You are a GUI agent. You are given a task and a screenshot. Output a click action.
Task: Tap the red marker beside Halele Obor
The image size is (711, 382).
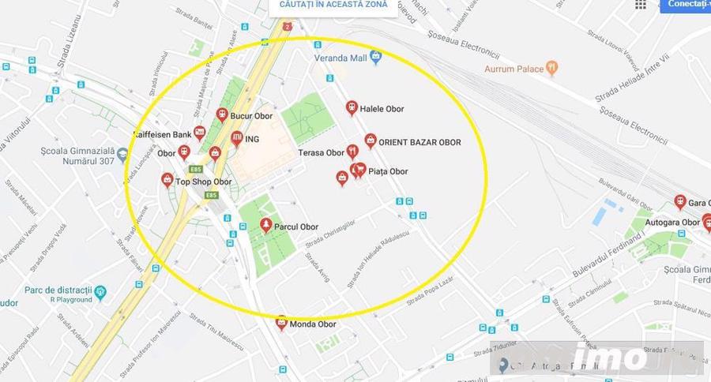click(352, 108)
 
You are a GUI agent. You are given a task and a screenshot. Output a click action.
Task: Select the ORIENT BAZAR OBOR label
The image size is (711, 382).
click(419, 142)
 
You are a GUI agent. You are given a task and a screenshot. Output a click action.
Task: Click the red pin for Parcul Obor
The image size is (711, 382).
click(266, 226)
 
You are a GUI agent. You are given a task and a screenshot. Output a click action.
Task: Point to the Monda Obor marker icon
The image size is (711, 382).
click(281, 322)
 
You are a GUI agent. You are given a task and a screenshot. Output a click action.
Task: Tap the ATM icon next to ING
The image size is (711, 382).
click(236, 139)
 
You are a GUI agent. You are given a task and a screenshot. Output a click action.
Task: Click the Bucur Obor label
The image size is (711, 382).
click(252, 116)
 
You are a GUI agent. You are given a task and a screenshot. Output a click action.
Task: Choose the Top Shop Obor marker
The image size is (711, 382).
click(167, 181)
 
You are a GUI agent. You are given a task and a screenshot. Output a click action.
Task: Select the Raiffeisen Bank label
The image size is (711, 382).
click(164, 135)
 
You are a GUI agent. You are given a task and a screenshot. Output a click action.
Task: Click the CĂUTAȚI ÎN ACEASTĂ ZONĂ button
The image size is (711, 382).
click(333, 5)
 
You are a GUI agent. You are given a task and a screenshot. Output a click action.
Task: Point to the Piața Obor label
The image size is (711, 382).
click(388, 171)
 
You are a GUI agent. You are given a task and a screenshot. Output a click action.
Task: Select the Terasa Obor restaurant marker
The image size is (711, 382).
click(353, 151)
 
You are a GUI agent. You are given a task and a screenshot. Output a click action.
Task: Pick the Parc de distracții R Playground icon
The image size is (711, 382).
click(100, 294)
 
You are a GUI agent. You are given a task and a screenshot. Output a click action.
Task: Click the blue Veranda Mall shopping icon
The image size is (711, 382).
click(376, 56)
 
